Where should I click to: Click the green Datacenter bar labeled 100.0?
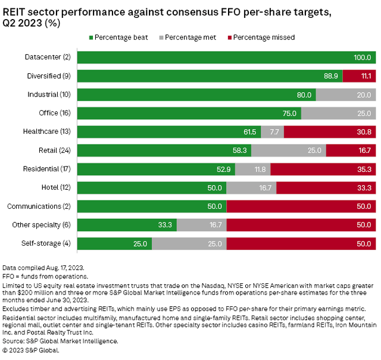tap(226, 58)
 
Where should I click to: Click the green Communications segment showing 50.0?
tap(152, 206)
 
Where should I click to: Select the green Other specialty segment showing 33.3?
tap(127, 225)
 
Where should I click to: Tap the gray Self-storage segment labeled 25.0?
tap(189, 244)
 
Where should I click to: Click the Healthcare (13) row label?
tap(48, 132)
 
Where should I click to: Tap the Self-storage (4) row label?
tap(49, 244)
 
